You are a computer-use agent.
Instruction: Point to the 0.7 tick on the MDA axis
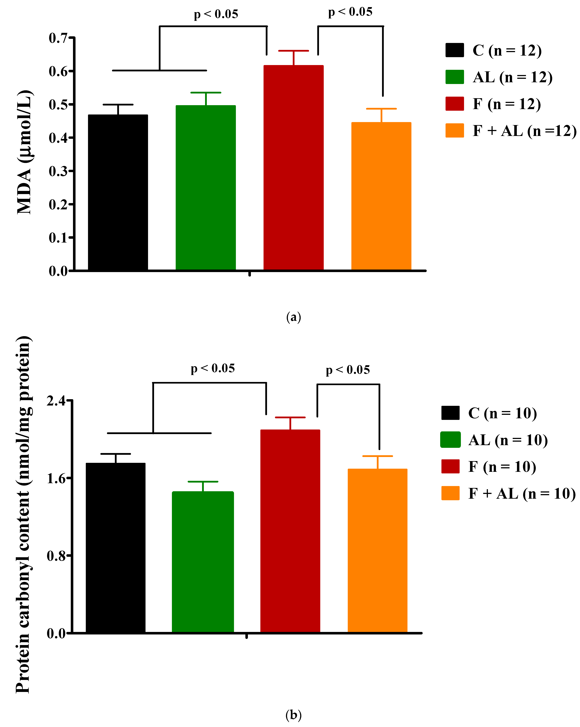58,38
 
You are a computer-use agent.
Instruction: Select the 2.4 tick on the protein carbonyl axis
56,401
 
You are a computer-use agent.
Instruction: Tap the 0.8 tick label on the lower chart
56,555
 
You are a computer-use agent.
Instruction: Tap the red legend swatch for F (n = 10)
450,466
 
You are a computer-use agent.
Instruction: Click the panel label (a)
293,317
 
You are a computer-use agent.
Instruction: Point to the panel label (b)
293,715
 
